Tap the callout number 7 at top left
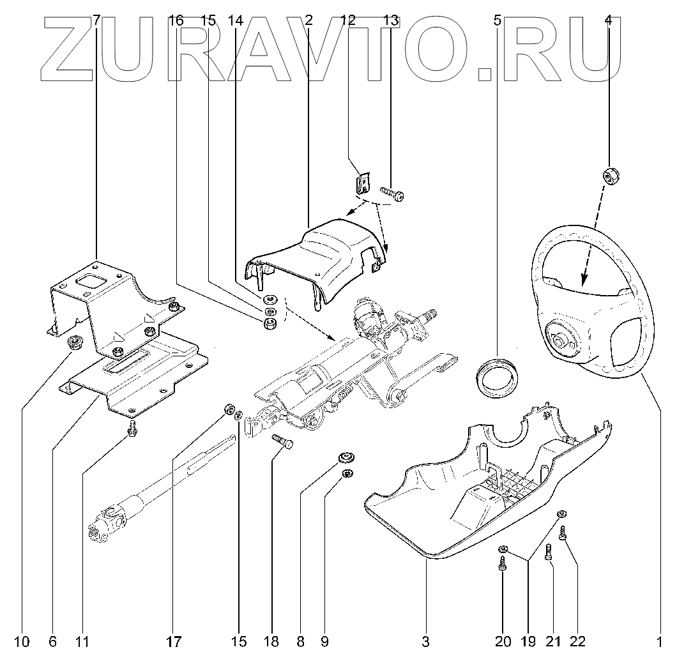point(96,20)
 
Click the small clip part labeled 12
point(362,184)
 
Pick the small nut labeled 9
point(348,473)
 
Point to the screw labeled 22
point(563,533)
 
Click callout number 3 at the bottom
point(426,641)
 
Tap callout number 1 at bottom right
point(659,641)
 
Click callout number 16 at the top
point(176,20)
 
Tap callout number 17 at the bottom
point(174,641)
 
